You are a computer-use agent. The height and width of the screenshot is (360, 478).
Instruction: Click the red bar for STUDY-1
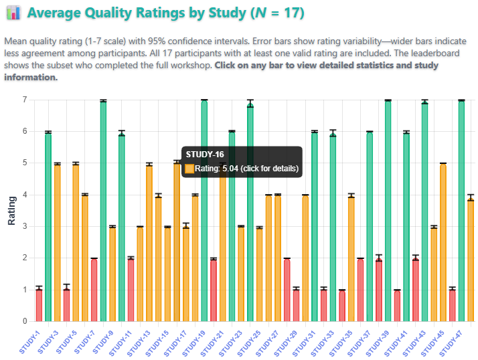tap(39, 304)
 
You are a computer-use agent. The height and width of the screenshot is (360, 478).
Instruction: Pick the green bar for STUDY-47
tap(461, 211)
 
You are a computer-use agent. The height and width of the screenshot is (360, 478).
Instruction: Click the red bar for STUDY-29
tap(296, 305)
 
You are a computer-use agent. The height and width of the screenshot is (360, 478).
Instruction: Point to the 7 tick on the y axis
tap(24, 100)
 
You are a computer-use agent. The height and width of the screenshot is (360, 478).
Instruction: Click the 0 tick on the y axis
tap(24, 321)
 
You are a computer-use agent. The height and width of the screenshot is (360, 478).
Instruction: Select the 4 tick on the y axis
tap(24, 195)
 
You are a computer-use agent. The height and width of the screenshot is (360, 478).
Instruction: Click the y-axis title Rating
tap(11, 210)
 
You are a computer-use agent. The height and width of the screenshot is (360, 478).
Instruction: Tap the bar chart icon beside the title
tap(14, 13)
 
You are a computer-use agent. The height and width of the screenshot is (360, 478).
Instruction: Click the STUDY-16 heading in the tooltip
tap(200, 155)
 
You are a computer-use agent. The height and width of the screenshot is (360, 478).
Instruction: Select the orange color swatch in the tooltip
tap(189, 169)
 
